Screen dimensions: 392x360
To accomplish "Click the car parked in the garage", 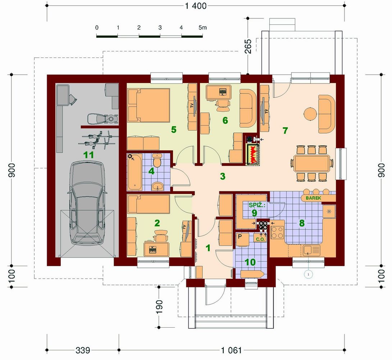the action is pos(87,203).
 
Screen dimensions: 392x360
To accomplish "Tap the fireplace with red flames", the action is pos(253,154).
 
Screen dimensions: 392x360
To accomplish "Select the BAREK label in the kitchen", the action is pos(313,198).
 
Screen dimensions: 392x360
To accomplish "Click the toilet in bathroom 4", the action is pos(157,160).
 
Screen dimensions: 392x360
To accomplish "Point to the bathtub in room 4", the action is pos(135,172).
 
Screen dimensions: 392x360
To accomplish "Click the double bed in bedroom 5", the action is pos(149,105).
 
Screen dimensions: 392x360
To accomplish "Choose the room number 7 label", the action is pos(285,131).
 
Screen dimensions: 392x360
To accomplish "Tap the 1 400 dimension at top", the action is pos(196,6).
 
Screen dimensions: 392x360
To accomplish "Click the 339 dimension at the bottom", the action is pos(83,350).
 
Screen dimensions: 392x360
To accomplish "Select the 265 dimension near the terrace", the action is pos(248,46).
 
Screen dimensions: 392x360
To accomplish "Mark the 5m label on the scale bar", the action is pos(202,27).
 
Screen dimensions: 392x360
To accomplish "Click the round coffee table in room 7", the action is pos(310,114).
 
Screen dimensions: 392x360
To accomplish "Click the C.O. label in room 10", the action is pos(260,239).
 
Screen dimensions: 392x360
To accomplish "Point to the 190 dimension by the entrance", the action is pos(159,307).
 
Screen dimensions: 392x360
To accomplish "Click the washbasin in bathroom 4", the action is pos(158,187).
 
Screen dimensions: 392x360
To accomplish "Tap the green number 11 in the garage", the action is pos(88,155).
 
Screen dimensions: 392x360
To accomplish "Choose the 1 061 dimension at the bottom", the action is pos(231,350).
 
